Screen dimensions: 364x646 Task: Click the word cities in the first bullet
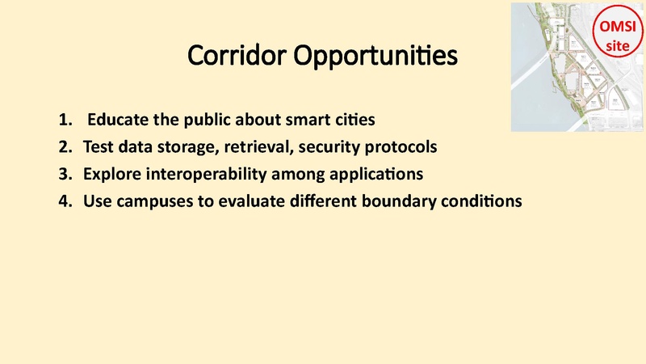coord(354,121)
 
